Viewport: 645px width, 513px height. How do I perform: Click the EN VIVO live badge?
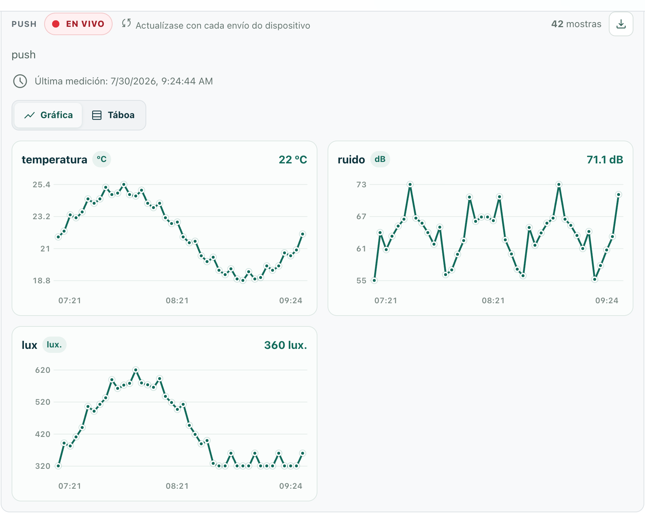click(78, 24)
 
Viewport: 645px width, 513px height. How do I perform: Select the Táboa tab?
click(114, 115)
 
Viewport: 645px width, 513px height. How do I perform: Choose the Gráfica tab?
click(49, 115)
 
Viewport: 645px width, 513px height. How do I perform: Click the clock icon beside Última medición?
click(20, 81)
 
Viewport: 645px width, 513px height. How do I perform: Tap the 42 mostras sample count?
click(576, 24)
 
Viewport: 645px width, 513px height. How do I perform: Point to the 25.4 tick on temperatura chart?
click(42, 185)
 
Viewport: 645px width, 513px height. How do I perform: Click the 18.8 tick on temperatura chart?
click(42, 281)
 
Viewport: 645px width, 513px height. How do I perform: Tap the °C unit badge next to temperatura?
click(102, 159)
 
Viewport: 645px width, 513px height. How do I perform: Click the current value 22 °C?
click(293, 160)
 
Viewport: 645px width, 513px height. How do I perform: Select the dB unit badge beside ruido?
click(380, 159)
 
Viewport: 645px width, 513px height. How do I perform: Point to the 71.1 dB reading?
click(605, 160)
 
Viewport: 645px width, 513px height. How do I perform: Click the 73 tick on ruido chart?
click(361, 185)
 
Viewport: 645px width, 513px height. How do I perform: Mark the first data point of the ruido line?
click(374, 280)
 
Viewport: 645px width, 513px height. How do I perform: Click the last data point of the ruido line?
click(619, 195)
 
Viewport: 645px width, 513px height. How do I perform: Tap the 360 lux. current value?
click(286, 345)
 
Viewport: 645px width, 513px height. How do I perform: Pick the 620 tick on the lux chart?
click(43, 370)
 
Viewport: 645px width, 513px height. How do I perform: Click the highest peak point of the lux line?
click(136, 370)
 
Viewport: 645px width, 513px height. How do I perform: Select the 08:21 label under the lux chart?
click(177, 486)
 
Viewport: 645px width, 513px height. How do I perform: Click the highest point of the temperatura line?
click(124, 184)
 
